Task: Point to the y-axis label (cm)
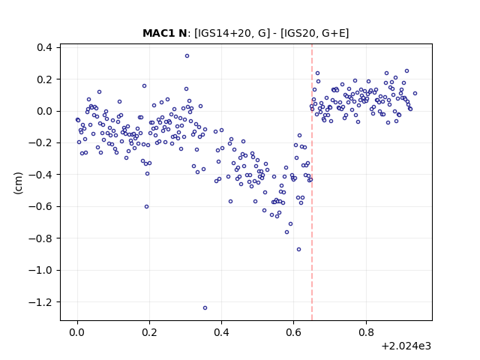click(x=18, y=183)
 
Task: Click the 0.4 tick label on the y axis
click(x=44, y=47)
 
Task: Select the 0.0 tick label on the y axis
click(x=44, y=111)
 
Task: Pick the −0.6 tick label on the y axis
click(x=40, y=206)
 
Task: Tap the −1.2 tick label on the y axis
click(x=40, y=301)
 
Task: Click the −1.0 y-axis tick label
click(x=40, y=270)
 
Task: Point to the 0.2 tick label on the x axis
click(x=149, y=332)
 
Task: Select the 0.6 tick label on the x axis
click(x=293, y=332)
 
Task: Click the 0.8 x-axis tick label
click(x=366, y=332)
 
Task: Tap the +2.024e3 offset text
click(x=406, y=346)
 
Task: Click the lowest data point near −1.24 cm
click(x=205, y=308)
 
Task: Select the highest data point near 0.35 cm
click(x=187, y=56)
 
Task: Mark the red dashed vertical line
click(x=312, y=182)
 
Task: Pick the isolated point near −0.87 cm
click(x=298, y=250)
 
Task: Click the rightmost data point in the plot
click(x=415, y=93)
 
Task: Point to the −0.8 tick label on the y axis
click(x=40, y=238)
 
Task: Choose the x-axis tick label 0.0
click(x=77, y=332)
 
